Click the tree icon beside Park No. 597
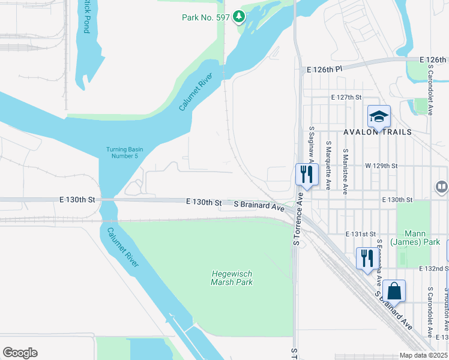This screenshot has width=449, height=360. (240, 17)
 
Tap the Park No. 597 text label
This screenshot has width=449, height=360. (205, 17)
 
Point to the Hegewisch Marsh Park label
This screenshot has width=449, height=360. (232, 278)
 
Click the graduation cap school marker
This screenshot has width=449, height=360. (379, 116)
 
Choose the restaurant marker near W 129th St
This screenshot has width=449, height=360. (306, 175)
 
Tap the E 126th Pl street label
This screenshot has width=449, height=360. (324, 70)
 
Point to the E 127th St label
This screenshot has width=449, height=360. (346, 97)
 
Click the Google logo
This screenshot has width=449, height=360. (20, 353)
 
